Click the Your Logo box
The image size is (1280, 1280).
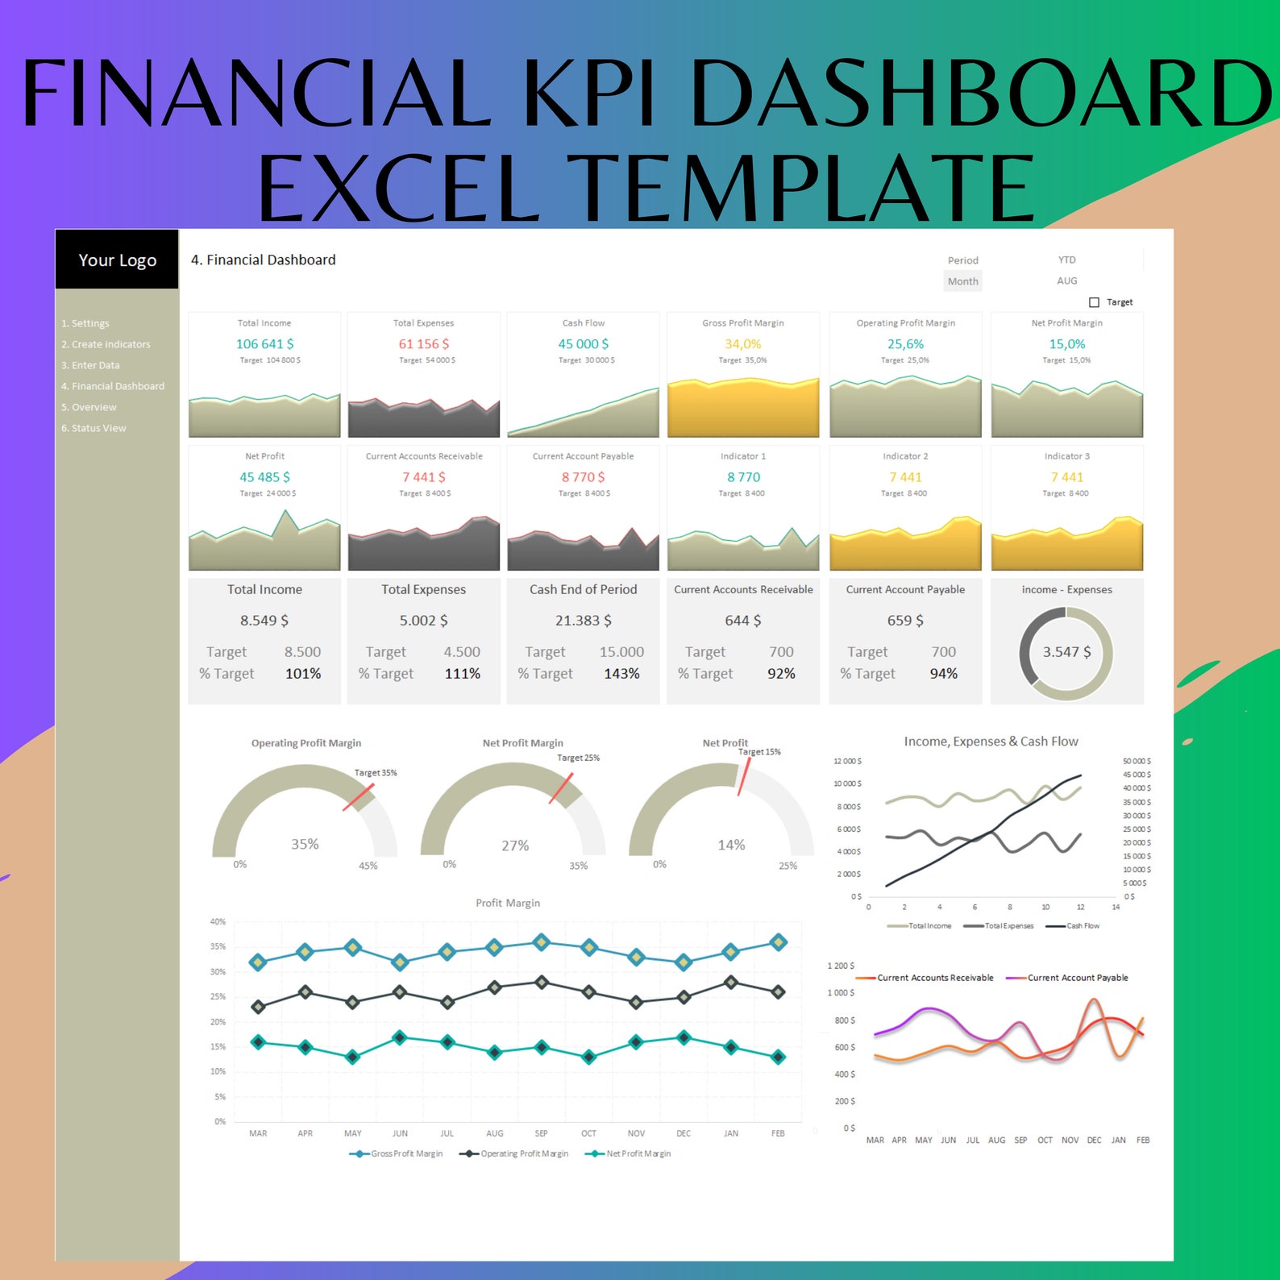point(117,260)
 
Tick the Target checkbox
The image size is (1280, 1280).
point(1094,302)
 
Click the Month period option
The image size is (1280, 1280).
point(962,281)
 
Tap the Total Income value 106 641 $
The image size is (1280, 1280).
point(264,344)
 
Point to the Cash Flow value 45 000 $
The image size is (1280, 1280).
point(583,344)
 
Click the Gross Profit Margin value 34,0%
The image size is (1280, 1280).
point(742,344)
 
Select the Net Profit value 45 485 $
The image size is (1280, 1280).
point(264,477)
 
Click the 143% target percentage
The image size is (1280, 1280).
point(621,674)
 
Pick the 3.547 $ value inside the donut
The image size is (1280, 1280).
point(1066,652)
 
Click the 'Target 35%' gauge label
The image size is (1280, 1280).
point(376,773)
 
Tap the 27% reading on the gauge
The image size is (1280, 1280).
point(515,846)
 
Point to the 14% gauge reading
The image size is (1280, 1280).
point(731,845)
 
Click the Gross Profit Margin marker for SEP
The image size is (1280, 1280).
point(542,941)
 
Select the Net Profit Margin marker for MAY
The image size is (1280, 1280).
point(352,1057)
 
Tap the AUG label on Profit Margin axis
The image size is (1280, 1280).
point(494,1133)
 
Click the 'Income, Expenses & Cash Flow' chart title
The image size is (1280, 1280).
point(991,742)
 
